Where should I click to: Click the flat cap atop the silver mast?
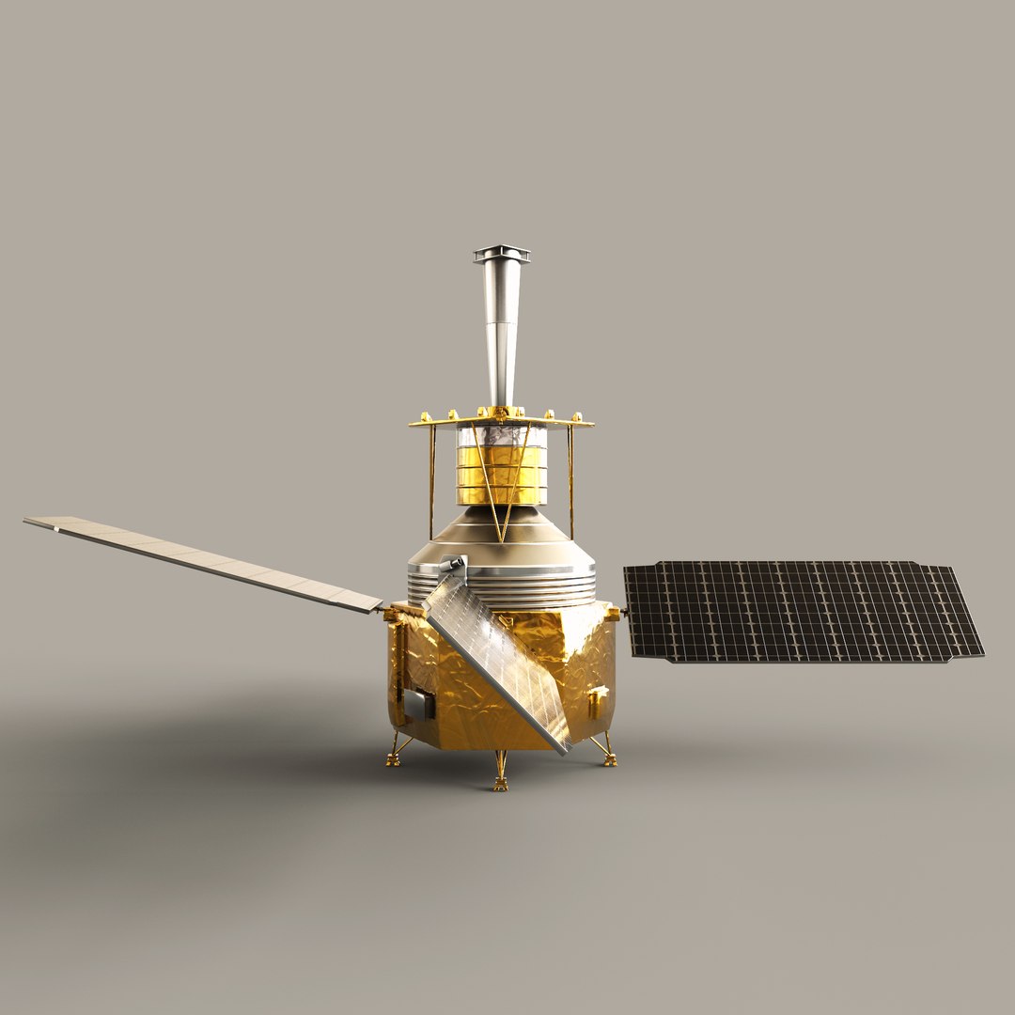501,253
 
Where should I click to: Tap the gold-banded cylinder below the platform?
501,475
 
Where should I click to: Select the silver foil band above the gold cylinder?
501,436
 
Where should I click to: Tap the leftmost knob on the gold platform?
426,416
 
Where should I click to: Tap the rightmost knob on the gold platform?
577,416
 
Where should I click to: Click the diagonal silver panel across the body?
498,658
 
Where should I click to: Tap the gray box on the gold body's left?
418,703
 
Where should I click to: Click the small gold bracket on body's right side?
596,701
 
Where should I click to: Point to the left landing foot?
393,759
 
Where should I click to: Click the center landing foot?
501,783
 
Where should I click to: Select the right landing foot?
610,759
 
